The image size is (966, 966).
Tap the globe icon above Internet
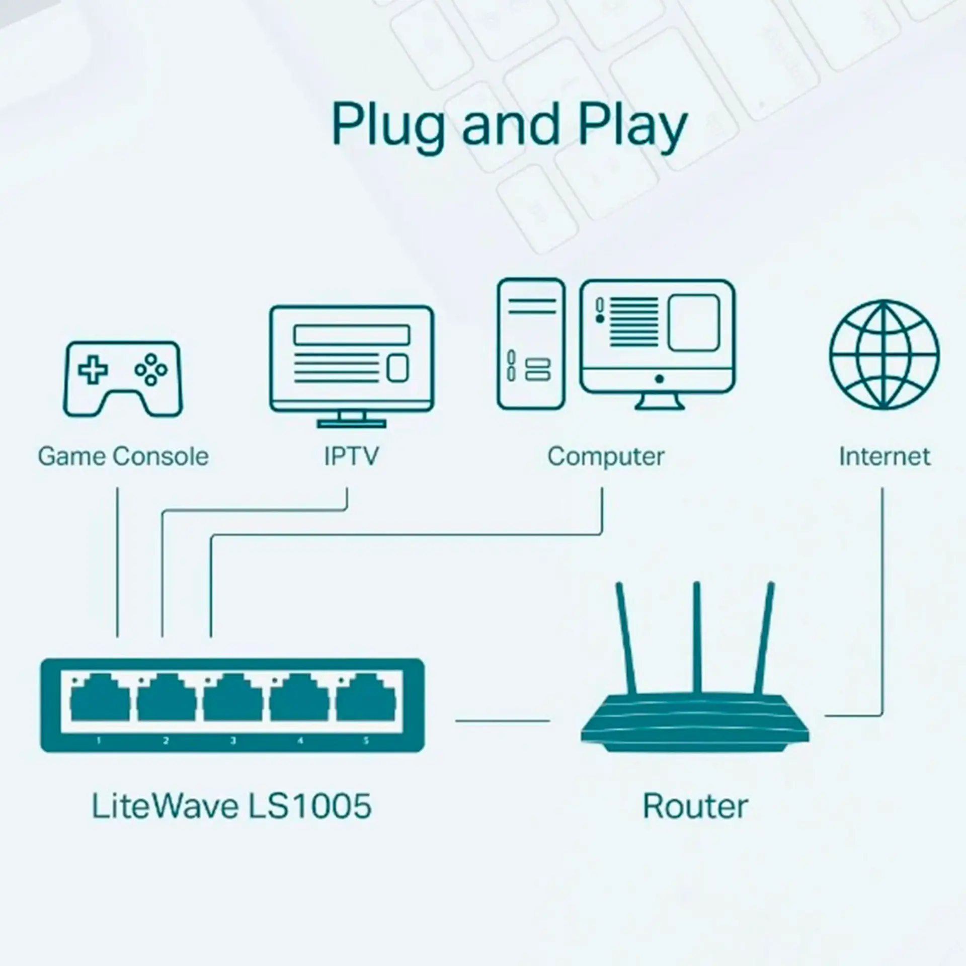pyautogui.click(x=884, y=355)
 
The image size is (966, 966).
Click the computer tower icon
pyautogui.click(x=531, y=344)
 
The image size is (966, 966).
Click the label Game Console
pyautogui.click(x=123, y=456)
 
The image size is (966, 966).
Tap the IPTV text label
pyautogui.click(x=351, y=456)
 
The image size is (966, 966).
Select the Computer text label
pyautogui.click(x=606, y=456)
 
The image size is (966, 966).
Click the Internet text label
pyautogui.click(x=884, y=456)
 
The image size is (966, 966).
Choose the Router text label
pyautogui.click(x=695, y=807)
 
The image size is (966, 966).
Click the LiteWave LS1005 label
pyautogui.click(x=231, y=806)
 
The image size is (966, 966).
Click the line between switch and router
pyautogui.click(x=503, y=720)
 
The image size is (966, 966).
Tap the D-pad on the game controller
pyautogui.click(x=93, y=370)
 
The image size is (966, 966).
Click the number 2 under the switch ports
pyautogui.click(x=166, y=741)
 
